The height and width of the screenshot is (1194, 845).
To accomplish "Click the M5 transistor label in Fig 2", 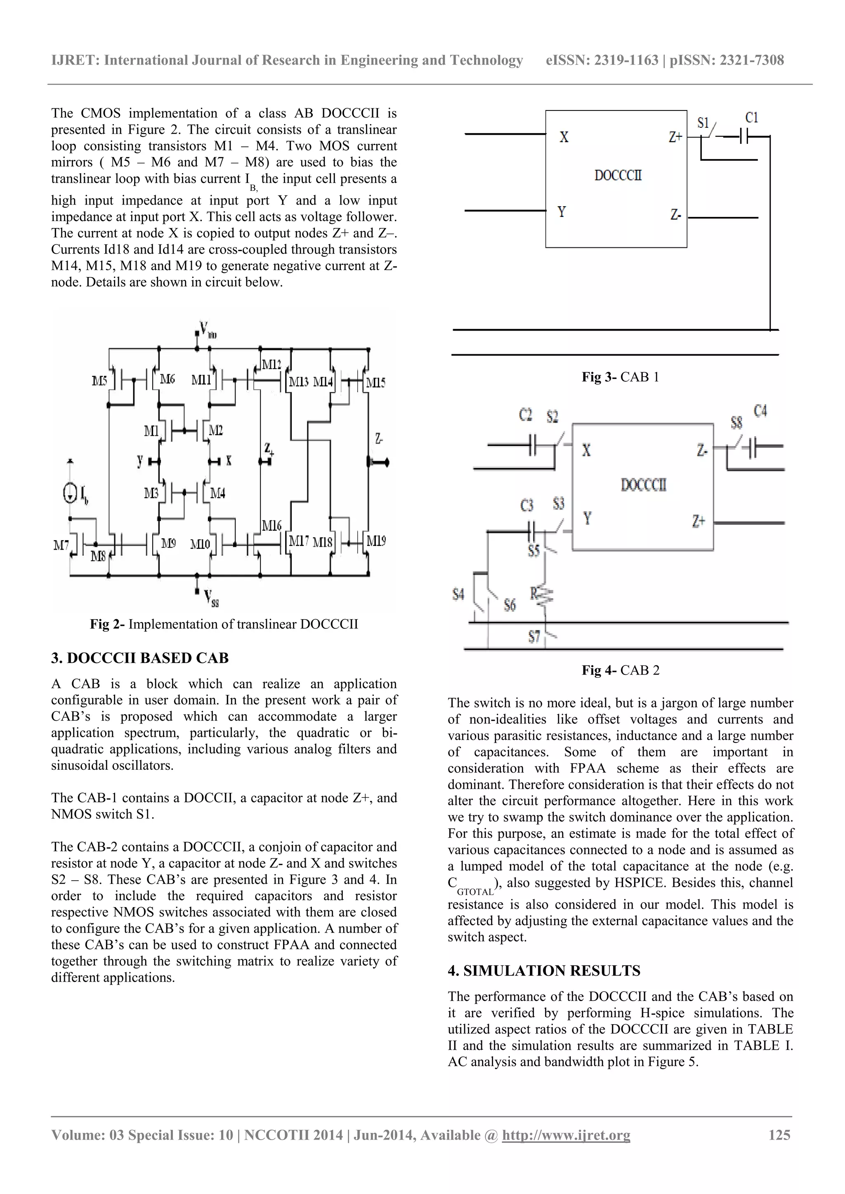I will coord(99,381).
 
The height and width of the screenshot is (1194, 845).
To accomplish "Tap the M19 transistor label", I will coord(376,541).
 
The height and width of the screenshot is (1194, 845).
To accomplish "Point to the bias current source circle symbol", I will coord(70,494).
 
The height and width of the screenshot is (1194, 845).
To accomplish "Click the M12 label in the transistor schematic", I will coord(271,364).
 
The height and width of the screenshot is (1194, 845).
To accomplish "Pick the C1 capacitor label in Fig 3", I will coord(751,118).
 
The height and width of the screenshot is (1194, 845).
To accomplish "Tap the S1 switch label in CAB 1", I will coord(703,123).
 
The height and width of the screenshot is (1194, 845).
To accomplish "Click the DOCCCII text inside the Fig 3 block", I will coord(618,175).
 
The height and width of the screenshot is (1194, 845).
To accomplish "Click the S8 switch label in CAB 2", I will coord(736,423).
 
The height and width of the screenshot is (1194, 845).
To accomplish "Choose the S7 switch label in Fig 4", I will coord(534,636).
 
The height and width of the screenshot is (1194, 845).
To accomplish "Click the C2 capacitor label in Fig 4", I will coord(526,415).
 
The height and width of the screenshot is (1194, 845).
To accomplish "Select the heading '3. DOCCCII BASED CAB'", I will coord(140,658).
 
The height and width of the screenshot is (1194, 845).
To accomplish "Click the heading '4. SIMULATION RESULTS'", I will coord(544,971).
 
